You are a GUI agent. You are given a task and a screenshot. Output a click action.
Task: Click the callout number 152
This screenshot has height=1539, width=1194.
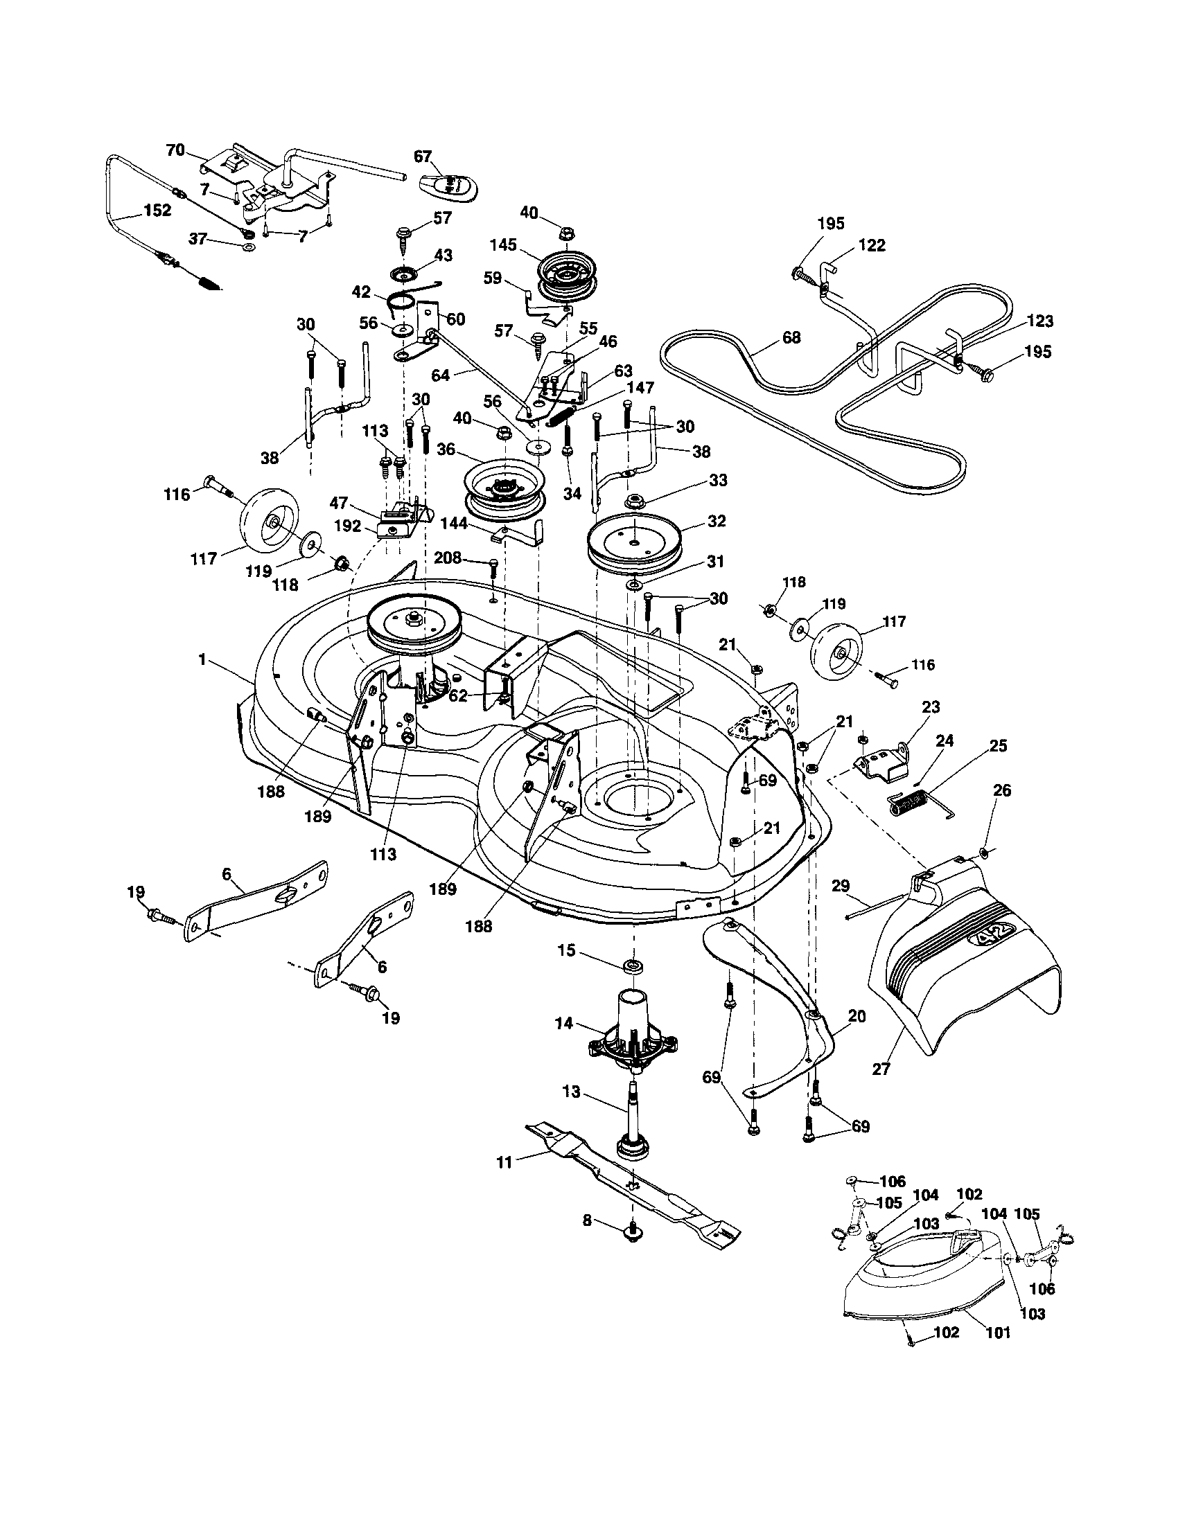tap(157, 211)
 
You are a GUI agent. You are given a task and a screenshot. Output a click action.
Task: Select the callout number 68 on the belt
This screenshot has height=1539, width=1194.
tap(791, 337)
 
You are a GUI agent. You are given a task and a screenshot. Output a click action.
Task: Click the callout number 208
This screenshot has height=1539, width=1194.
tap(448, 558)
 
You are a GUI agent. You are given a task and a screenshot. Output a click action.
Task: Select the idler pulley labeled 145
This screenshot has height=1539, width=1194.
tap(567, 276)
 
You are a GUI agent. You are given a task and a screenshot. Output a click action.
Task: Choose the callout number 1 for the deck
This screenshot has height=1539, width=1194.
tap(202, 660)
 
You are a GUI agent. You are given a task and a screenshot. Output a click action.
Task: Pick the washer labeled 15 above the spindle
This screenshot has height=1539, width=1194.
tap(633, 964)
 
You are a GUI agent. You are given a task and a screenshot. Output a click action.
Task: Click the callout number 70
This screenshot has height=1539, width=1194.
tap(175, 150)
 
